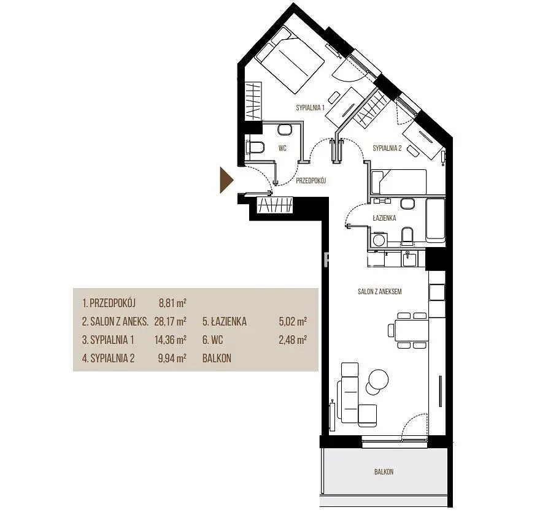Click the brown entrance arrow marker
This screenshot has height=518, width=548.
pyautogui.click(x=226, y=180)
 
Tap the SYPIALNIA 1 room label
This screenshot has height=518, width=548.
pyautogui.click(x=311, y=107)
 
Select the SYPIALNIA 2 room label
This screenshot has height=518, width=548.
pyautogui.click(x=387, y=148)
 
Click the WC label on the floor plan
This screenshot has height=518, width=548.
pyautogui.click(x=282, y=148)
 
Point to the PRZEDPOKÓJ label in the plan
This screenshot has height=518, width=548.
pyautogui.click(x=311, y=180)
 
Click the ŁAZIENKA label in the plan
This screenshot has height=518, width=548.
pyautogui.click(x=384, y=218)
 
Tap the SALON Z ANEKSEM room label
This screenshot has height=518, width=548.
pyautogui.click(x=379, y=291)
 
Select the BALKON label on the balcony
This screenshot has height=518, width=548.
pyautogui.click(x=384, y=471)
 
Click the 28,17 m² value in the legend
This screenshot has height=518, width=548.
pyautogui.click(x=170, y=321)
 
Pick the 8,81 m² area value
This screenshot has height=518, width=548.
pyautogui.click(x=172, y=303)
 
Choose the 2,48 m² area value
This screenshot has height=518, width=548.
pyautogui.click(x=293, y=340)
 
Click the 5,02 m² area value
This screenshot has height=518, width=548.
pyautogui.click(x=293, y=321)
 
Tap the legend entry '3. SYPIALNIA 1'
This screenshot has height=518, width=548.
pyautogui.click(x=108, y=340)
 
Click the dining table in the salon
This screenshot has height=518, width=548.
pyautogui.click(x=412, y=330)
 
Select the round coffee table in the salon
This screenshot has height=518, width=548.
pyautogui.click(x=378, y=379)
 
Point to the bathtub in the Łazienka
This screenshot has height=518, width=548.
pyautogui.click(x=436, y=220)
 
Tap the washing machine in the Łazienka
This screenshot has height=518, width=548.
pyautogui.click(x=378, y=240)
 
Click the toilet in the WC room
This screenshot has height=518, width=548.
pyautogui.click(x=255, y=147)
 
